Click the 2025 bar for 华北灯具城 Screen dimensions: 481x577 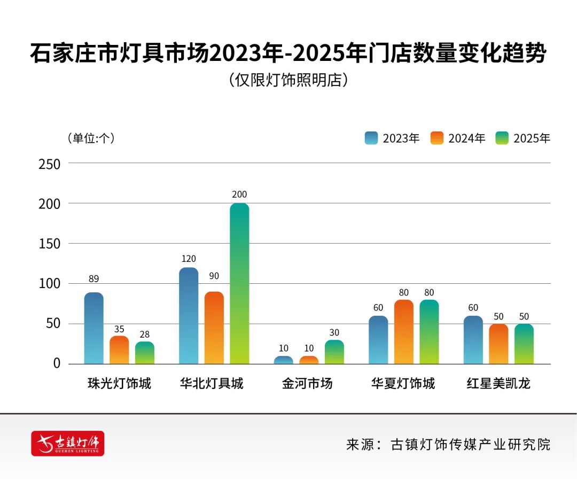[239, 283]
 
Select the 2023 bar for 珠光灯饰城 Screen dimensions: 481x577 [93, 328]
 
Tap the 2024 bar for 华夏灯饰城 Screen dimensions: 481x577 [403, 332]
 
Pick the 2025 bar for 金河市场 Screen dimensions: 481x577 [334, 352]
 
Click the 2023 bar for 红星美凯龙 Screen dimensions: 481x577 [473, 340]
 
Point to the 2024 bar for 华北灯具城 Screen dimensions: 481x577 [214, 328]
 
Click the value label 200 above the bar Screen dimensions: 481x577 [239, 195]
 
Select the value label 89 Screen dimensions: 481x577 [93, 278]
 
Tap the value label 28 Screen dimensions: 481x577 [144, 334]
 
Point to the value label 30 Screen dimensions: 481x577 [334, 332]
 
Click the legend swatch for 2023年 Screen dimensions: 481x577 [371, 138]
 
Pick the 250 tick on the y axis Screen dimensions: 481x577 [49, 164]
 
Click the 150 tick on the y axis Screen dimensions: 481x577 [49, 244]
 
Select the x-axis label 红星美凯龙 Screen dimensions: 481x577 [498, 384]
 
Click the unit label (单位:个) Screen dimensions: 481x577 [90, 138]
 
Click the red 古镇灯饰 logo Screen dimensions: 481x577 [68, 443]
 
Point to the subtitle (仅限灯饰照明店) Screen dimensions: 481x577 [288, 80]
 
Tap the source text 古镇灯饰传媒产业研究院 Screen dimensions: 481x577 [470, 444]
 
